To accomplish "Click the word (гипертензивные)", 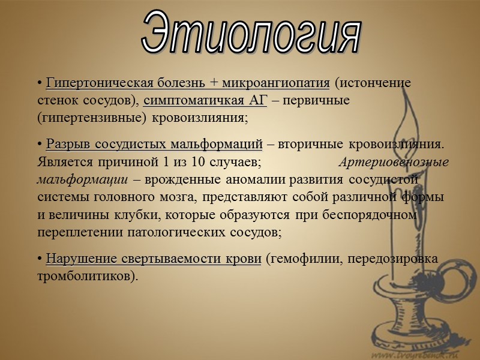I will tap(92, 117).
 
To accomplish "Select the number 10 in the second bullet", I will tap(199, 161).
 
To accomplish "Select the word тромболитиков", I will tap(84, 276).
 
